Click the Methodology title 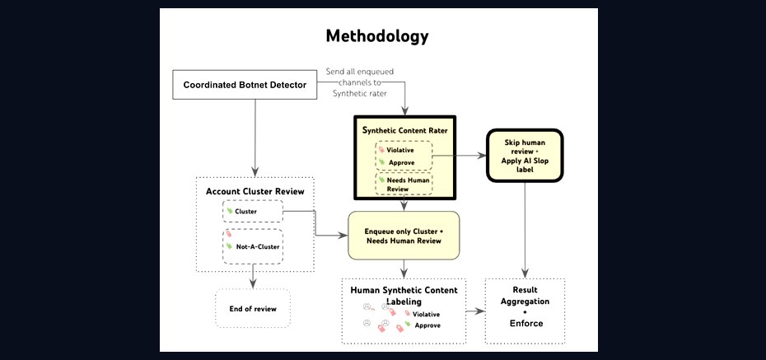(x=377, y=36)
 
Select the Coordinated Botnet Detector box (x=245, y=85)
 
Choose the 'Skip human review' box (x=525, y=156)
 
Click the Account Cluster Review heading (x=255, y=191)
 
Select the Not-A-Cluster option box (x=253, y=246)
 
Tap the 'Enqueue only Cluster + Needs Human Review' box (x=404, y=236)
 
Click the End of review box (x=253, y=309)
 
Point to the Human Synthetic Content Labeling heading (x=404, y=296)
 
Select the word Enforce (x=526, y=324)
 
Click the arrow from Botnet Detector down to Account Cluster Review (x=255, y=138)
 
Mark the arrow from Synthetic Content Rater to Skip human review (x=460, y=156)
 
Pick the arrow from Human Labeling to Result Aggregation (x=475, y=311)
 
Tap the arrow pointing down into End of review (x=253, y=277)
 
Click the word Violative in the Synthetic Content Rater (x=399, y=150)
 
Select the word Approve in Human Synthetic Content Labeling (x=427, y=325)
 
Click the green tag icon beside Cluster (x=230, y=211)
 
